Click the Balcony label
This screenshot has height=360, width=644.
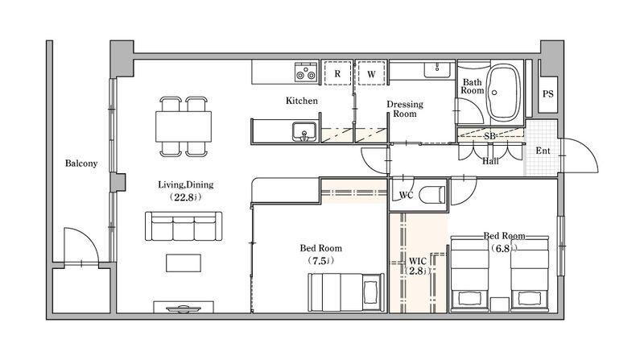click(81, 163)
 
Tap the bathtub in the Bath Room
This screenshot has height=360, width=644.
click(504, 92)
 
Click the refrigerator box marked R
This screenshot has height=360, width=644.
click(337, 72)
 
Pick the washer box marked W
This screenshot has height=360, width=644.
click(372, 72)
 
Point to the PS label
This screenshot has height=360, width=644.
click(548, 94)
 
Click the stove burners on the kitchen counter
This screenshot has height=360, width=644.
click(306, 72)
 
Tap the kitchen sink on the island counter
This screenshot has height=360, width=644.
click(304, 132)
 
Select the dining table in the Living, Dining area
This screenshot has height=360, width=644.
click(184, 126)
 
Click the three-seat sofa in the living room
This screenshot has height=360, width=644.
click(184, 226)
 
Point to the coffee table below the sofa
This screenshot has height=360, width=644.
click(184, 263)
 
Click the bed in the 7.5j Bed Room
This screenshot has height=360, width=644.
click(346, 292)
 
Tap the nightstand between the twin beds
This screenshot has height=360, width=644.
click(499, 304)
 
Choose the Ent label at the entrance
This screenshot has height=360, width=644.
click(543, 151)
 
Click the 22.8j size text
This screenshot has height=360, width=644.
click(186, 197)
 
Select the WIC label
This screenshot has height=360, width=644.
click(417, 262)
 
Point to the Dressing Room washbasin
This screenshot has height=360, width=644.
click(438, 69)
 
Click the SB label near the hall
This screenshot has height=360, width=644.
click(489, 135)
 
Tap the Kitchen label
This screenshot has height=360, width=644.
click(302, 101)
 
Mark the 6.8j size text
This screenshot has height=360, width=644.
click(504, 248)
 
